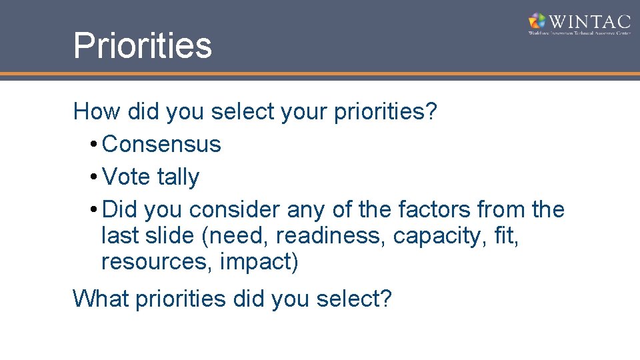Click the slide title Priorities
pyautogui.click(x=143, y=45)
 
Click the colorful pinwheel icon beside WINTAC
pyautogui.click(x=537, y=21)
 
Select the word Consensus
pyautogui.click(x=162, y=144)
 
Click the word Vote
pyautogui.click(x=127, y=177)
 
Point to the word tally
pyautogui.click(x=178, y=177)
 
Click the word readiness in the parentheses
pyautogui.click(x=331, y=236)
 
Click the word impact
pyautogui.click(x=256, y=263)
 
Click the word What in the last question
pyautogui.click(x=101, y=299)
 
